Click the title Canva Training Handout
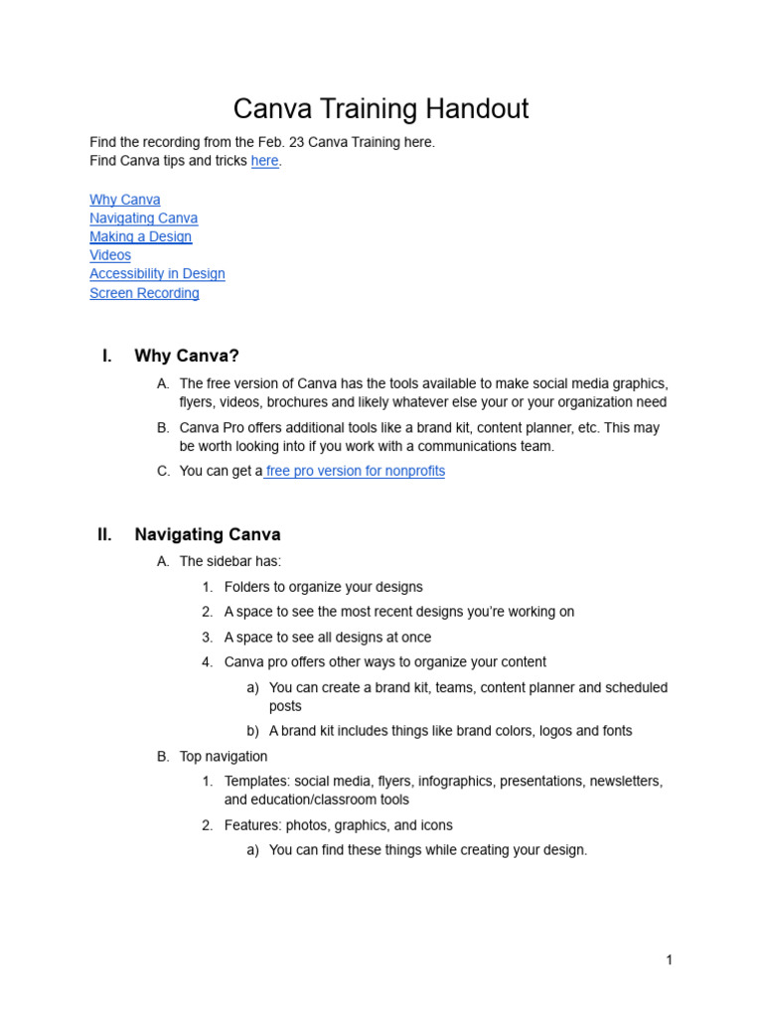pyautogui.click(x=381, y=108)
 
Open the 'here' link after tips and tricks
pyautogui.click(x=265, y=161)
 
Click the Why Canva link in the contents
pyautogui.click(x=125, y=200)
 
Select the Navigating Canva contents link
pyautogui.click(x=143, y=218)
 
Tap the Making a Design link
pyautogui.click(x=140, y=236)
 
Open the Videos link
pyautogui.click(x=110, y=255)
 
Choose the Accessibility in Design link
pyautogui.click(x=157, y=274)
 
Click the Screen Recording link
pyautogui.click(x=144, y=293)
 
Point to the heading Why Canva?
pyautogui.click(x=187, y=356)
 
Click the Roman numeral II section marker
pyautogui.click(x=104, y=534)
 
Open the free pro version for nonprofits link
pyautogui.click(x=355, y=471)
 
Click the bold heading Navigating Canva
pyautogui.click(x=208, y=534)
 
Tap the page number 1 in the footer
pyautogui.click(x=670, y=959)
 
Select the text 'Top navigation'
pyautogui.click(x=224, y=757)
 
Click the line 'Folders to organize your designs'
pyautogui.click(x=323, y=587)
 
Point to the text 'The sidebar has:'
pyautogui.click(x=230, y=561)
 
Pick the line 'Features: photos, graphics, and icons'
pyautogui.click(x=338, y=825)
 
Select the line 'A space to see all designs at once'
pyautogui.click(x=328, y=638)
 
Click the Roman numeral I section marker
pyautogui.click(x=106, y=356)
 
